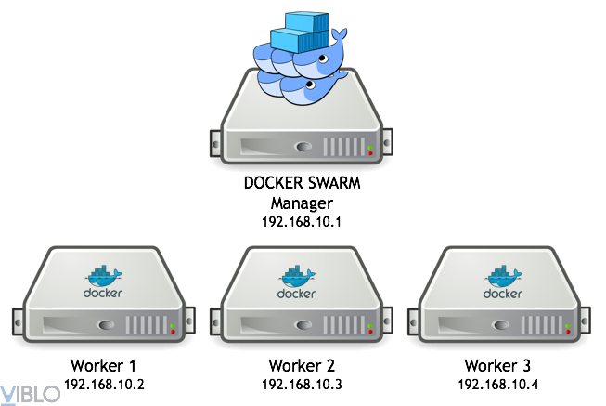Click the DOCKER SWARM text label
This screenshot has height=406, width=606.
(x=302, y=184)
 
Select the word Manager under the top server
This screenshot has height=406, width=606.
(x=302, y=203)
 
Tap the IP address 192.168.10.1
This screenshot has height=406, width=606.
(x=302, y=222)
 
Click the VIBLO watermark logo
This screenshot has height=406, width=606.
(x=31, y=393)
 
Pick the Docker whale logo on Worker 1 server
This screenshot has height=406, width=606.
(x=103, y=276)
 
